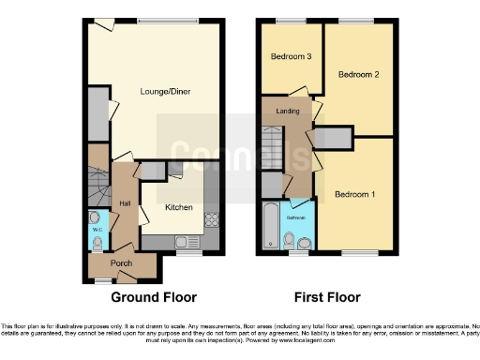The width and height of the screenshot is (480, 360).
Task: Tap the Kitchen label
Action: click(179, 206)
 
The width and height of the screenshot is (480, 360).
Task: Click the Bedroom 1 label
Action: click(355, 194)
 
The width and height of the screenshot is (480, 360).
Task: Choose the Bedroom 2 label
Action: click(358, 74)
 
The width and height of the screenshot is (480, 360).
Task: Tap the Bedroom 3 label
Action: click(291, 56)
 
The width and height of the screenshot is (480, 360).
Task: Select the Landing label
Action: click(288, 109)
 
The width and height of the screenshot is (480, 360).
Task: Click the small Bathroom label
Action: click(297, 217)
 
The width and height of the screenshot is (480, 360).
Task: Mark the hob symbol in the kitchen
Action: click(211, 222)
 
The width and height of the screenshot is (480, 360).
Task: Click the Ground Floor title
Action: click(155, 297)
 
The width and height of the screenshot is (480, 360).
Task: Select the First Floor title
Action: click(328, 297)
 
